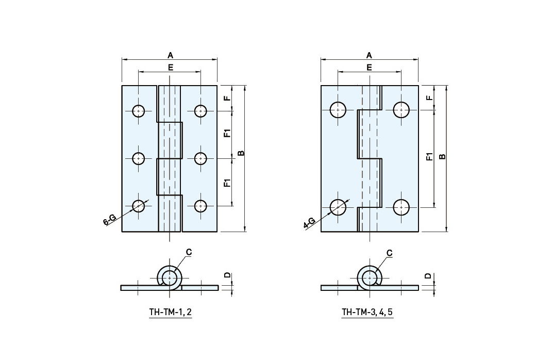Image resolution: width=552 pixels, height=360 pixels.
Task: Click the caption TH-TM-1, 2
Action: click(x=171, y=312)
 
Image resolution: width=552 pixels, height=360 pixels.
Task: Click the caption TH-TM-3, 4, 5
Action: click(x=367, y=312)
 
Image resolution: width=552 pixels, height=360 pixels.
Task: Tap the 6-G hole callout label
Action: click(x=109, y=221)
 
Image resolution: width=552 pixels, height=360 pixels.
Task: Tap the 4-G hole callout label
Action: click(x=309, y=223)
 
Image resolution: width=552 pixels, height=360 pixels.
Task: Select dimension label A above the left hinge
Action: click(x=170, y=55)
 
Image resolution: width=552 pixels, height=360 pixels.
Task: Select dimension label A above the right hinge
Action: click(x=369, y=55)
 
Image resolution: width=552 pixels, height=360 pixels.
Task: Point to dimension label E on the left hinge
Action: click(x=171, y=67)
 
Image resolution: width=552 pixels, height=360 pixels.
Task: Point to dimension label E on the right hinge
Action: click(x=369, y=67)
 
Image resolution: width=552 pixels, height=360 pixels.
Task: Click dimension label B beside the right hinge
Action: click(x=443, y=156)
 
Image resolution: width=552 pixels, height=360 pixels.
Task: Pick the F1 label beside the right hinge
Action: click(x=429, y=157)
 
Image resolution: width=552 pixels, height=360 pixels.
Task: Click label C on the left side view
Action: click(x=189, y=252)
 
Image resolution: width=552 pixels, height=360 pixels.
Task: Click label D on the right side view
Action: click(x=428, y=276)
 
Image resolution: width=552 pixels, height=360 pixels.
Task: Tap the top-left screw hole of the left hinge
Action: click(x=139, y=111)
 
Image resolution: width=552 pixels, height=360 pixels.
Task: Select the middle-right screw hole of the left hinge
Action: click(x=200, y=158)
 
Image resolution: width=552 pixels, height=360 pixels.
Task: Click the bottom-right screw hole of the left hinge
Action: click(x=200, y=206)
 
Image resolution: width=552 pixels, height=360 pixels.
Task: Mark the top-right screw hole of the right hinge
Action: click(x=401, y=109)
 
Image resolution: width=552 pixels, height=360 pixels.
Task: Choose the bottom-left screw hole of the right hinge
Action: click(x=338, y=207)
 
